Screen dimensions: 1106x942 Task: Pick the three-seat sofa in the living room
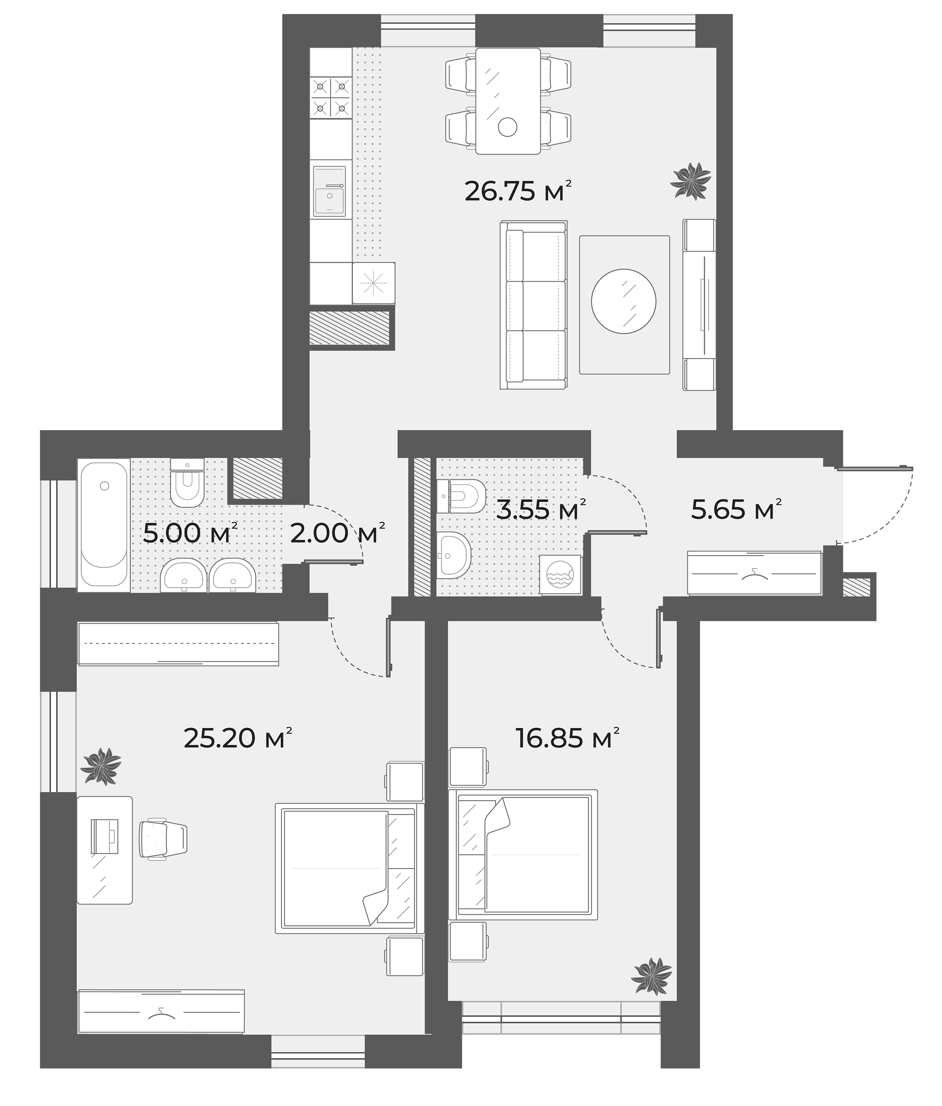[x=533, y=305]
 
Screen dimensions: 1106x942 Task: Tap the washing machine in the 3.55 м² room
[x=560, y=574]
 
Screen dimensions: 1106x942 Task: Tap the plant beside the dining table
[x=691, y=180]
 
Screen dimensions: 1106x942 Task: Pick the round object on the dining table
[x=507, y=127]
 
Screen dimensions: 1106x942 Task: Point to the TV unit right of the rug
[x=699, y=305]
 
